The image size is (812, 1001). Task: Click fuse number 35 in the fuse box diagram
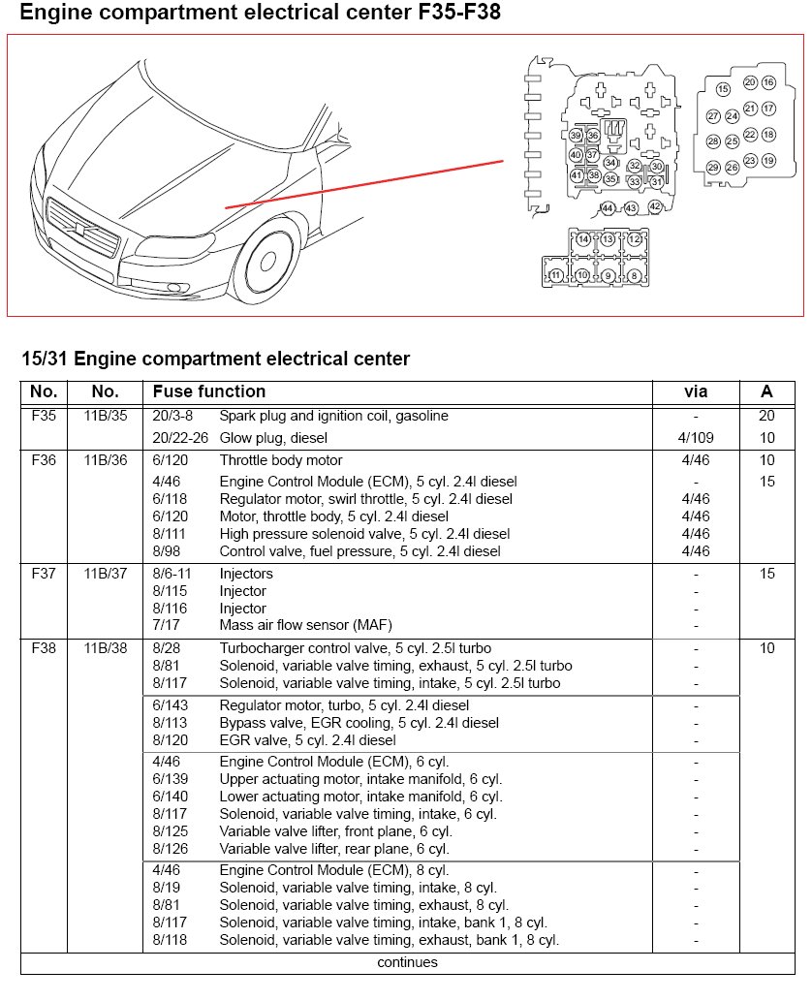click(610, 178)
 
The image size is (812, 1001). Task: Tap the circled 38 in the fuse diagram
click(594, 175)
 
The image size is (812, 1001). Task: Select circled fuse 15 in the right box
click(722, 89)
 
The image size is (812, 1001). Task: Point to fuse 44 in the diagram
click(608, 208)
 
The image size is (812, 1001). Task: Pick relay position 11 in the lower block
click(555, 275)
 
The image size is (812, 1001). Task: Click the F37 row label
click(44, 574)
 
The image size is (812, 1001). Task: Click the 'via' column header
click(696, 391)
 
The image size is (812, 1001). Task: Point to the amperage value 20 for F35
click(767, 416)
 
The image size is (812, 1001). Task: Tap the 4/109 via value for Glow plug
click(696, 438)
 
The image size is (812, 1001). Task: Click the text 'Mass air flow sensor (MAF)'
click(305, 625)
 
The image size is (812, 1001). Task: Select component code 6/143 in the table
click(171, 704)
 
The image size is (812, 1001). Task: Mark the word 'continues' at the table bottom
click(407, 962)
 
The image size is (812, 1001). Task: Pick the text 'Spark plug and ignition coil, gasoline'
click(334, 416)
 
